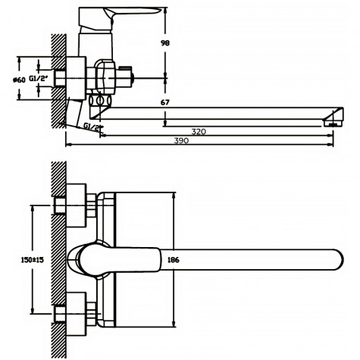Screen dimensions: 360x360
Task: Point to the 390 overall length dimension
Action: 200,142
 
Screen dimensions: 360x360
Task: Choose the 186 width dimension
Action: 174,259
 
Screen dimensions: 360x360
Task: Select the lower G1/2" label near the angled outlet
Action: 93,127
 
